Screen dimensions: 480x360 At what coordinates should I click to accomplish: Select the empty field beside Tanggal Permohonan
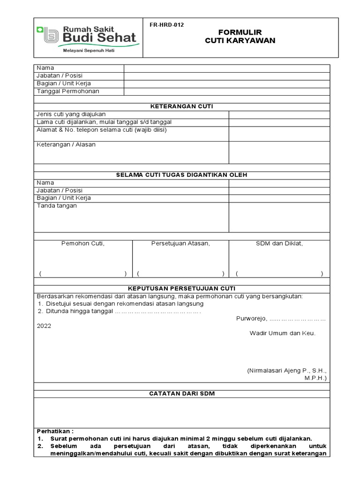[226, 91]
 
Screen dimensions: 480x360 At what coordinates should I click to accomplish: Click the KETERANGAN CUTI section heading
[182, 106]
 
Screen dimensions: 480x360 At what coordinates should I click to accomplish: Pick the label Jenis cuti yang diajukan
[71, 114]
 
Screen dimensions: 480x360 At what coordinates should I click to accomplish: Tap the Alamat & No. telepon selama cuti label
[102, 130]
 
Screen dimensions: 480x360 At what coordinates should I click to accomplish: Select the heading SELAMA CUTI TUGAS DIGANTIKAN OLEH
[182, 175]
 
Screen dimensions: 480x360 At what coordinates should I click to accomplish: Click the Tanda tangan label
[57, 206]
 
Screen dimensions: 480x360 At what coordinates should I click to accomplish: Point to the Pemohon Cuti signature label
[83, 243]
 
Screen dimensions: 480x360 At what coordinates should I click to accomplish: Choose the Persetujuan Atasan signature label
[180, 243]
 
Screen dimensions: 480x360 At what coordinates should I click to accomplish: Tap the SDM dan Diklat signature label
[279, 243]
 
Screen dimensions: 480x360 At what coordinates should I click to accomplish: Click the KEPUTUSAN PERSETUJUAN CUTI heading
[182, 288]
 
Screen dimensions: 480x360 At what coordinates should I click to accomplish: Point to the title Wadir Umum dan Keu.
[282, 334]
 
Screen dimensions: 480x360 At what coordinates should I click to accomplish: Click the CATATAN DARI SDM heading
[182, 394]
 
